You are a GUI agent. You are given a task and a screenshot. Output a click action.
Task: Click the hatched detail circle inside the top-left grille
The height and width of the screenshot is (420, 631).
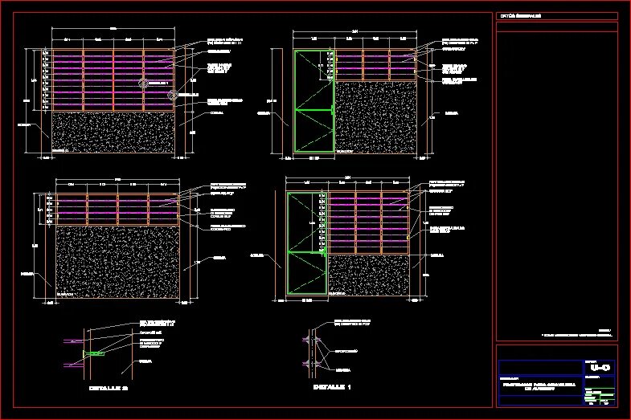point(144,82)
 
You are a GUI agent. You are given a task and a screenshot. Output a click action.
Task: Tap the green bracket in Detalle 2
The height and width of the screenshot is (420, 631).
point(92,353)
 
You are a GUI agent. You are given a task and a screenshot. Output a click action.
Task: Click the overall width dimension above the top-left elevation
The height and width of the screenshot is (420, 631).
point(113,29)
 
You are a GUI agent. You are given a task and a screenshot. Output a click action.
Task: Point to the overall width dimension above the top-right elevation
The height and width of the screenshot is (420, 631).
point(355,32)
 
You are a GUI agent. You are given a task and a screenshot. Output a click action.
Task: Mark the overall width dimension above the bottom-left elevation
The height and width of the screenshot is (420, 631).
point(117,178)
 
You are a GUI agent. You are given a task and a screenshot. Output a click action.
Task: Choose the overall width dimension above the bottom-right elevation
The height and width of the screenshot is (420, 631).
point(347,177)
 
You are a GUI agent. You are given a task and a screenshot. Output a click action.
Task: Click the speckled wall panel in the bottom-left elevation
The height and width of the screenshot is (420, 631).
point(117,262)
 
